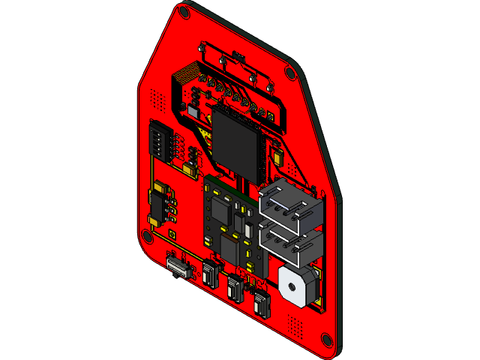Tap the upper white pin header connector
pyautogui.click(x=291, y=205)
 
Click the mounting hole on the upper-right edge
pyautogui.click(x=290, y=72)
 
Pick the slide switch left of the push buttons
pyautogui.click(x=178, y=265)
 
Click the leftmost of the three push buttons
pyautogui.click(x=210, y=271)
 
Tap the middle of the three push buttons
pyautogui.click(x=235, y=287)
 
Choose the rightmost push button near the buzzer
pyautogui.click(x=262, y=304)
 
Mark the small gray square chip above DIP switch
pyautogui.click(x=187, y=112)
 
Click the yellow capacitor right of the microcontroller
pyautogui.click(x=279, y=158)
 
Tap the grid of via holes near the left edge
pyautogui.click(x=157, y=97)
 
